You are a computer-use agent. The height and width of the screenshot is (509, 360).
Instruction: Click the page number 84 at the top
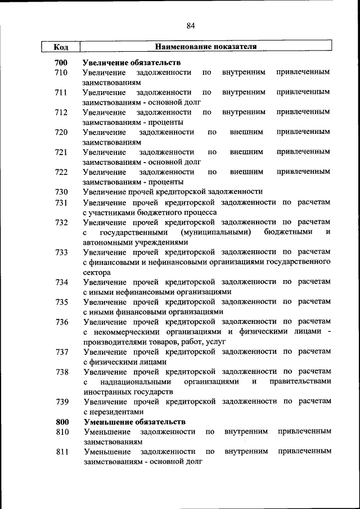tap(191, 25)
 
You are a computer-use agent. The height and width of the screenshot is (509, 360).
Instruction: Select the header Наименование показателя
tap(206, 47)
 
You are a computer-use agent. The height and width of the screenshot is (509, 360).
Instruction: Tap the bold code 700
tap(61, 62)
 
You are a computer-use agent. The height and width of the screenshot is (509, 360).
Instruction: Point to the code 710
tap(61, 73)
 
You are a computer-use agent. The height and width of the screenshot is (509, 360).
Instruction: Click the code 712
tap(61, 112)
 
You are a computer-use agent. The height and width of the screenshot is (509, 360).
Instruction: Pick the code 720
tap(61, 132)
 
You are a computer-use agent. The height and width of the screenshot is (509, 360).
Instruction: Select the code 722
tap(61, 172)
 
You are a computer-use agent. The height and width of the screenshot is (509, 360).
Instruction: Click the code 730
tap(61, 192)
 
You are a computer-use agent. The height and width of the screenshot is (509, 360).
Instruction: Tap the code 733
tap(61, 252)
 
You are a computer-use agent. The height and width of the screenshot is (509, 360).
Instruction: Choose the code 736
tap(61, 322)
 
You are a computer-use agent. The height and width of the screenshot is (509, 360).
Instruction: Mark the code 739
tap(61, 402)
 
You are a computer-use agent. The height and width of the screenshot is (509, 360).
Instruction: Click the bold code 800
tap(61, 421)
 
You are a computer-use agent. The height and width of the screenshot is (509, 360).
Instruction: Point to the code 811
tap(61, 452)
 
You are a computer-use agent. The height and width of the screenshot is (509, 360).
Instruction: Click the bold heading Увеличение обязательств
tap(132, 62)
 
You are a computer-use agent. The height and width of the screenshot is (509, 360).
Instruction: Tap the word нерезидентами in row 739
tap(113, 411)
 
